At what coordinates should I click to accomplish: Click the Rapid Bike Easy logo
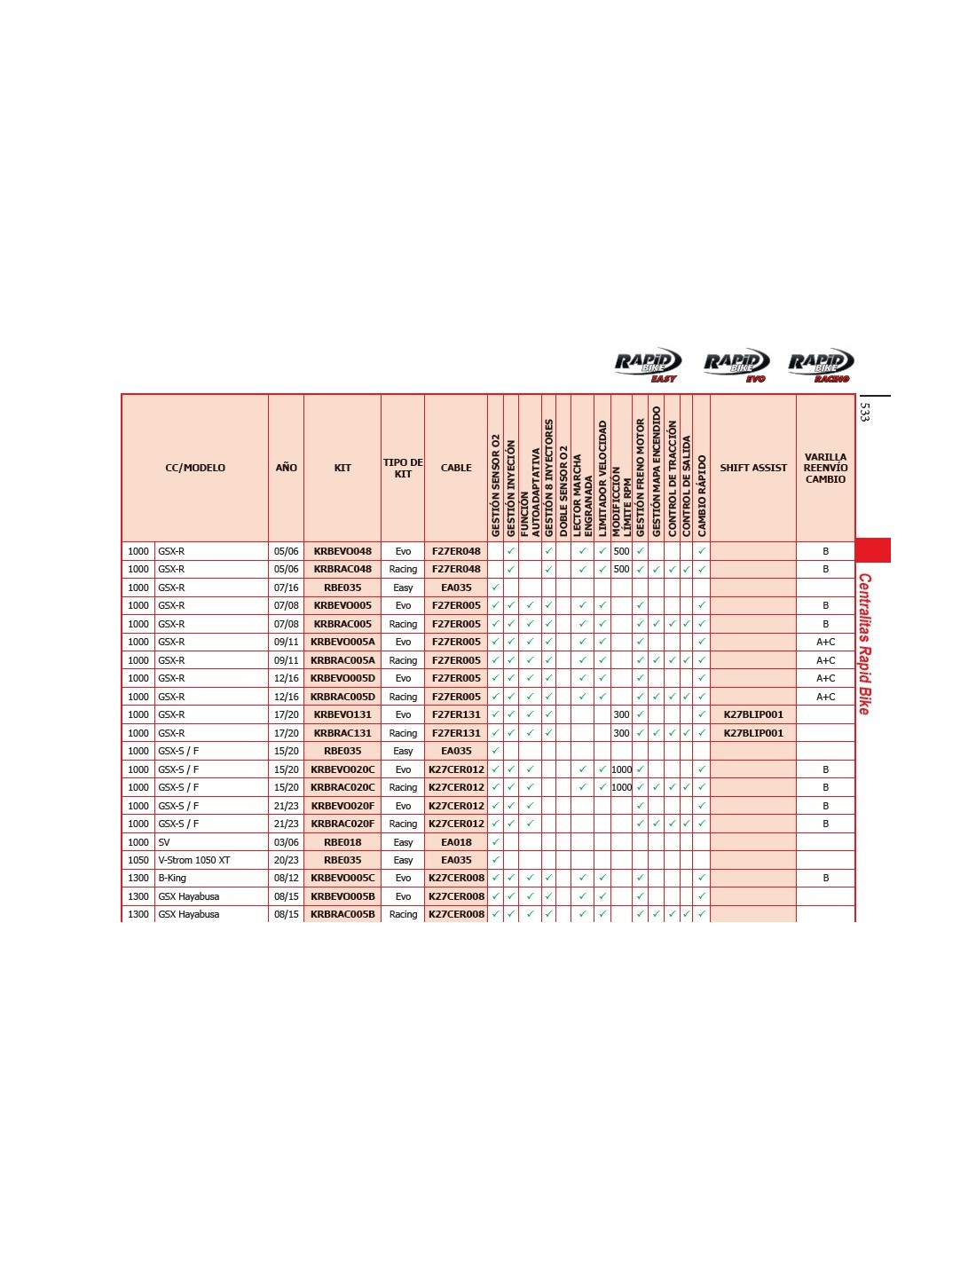(x=648, y=365)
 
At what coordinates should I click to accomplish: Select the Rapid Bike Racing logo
(x=821, y=365)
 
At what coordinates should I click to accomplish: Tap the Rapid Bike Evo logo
(x=736, y=365)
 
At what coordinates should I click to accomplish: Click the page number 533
(x=865, y=412)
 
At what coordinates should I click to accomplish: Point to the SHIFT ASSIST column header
(x=753, y=468)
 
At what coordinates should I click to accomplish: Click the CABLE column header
(x=456, y=468)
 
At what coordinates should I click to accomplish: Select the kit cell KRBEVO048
(x=342, y=551)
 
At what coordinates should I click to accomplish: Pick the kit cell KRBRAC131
(x=342, y=733)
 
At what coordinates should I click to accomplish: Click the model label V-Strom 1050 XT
(x=194, y=860)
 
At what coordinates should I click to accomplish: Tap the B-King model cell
(x=172, y=878)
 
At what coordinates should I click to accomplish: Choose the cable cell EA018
(x=456, y=842)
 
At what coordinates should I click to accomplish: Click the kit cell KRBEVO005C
(x=342, y=878)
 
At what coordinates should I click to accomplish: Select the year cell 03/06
(x=286, y=842)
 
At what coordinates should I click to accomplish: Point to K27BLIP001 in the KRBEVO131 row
(x=753, y=714)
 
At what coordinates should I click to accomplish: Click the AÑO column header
(x=286, y=468)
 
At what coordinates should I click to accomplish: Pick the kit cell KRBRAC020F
(x=342, y=824)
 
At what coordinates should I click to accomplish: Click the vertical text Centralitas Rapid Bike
(x=864, y=643)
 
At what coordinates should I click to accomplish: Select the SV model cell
(x=164, y=842)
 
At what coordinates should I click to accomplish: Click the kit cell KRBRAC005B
(x=342, y=914)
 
